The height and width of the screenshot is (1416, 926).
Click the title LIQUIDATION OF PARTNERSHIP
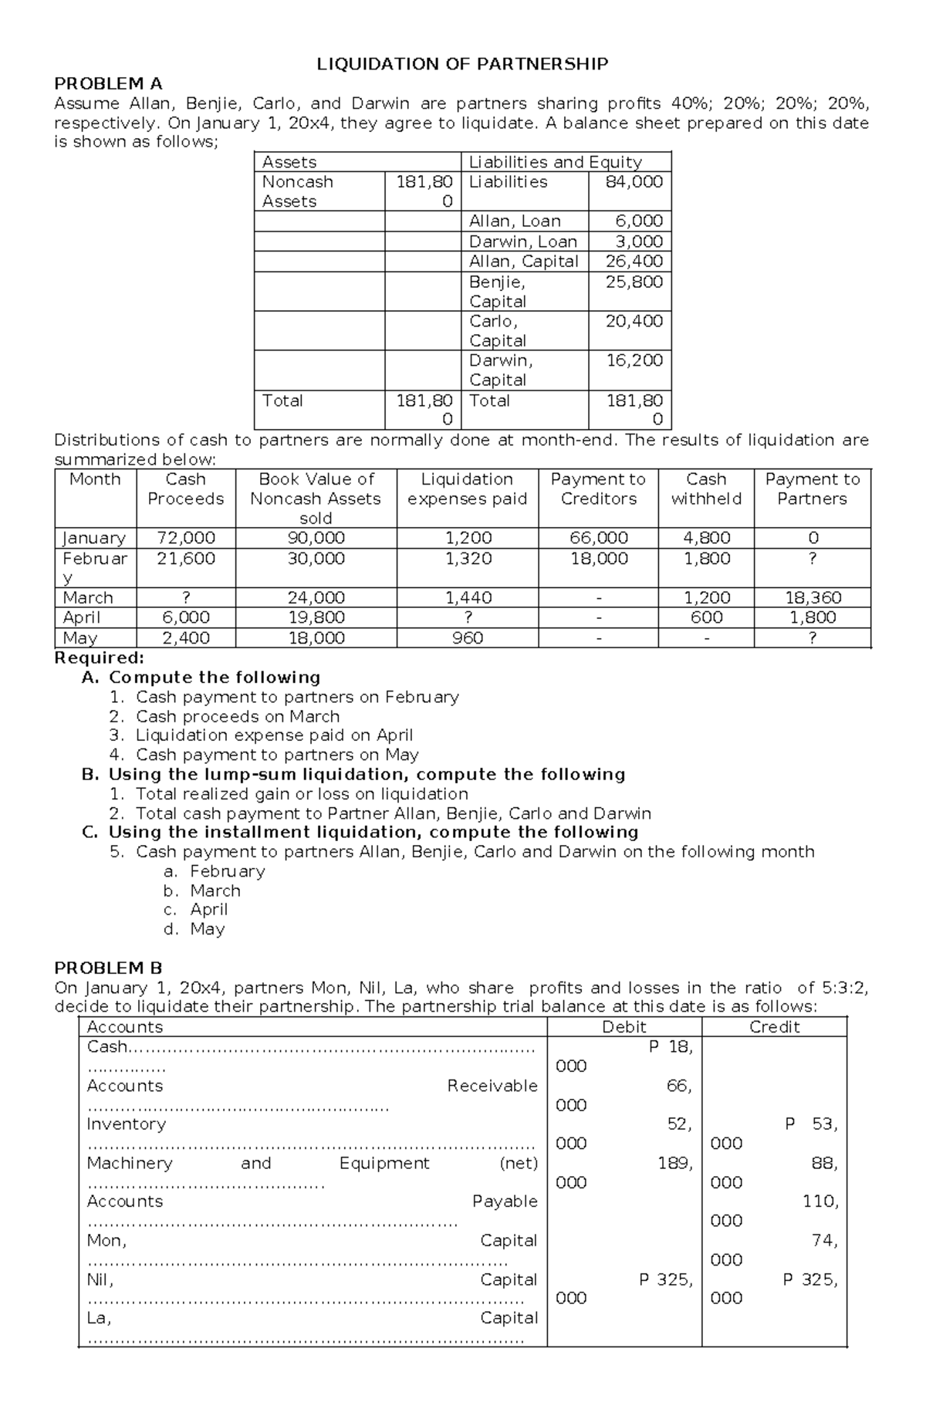(x=462, y=64)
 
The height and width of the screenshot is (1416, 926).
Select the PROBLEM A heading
(x=108, y=83)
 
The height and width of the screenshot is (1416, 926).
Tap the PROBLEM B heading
(x=108, y=968)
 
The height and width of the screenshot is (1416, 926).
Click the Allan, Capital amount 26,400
(x=634, y=262)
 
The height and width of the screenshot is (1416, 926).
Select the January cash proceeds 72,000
(x=185, y=538)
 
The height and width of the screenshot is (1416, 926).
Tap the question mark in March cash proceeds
(x=185, y=598)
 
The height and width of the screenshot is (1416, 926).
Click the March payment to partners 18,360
(x=812, y=598)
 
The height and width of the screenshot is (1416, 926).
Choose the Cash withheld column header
(x=706, y=489)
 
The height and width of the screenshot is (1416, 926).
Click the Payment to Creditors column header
(x=598, y=489)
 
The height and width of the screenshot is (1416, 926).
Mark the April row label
(x=82, y=617)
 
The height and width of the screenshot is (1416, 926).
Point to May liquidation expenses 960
(x=467, y=638)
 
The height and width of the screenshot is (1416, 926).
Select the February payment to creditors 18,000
(x=598, y=559)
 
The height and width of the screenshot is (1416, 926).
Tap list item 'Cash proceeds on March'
(x=237, y=716)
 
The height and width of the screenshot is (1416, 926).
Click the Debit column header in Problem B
(x=624, y=1027)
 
